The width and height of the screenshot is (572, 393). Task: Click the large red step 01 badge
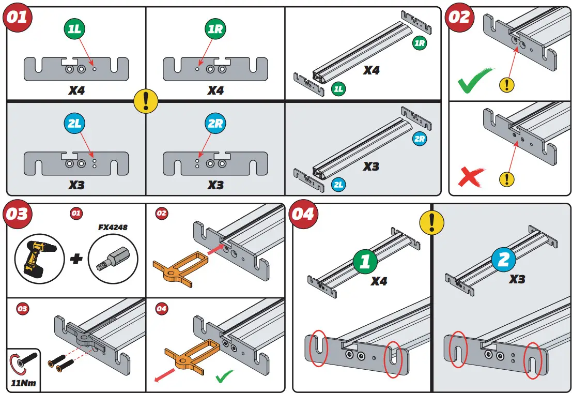[18, 18]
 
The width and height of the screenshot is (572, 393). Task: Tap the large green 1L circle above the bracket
[75, 29]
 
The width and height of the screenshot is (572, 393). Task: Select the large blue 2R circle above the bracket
[215, 124]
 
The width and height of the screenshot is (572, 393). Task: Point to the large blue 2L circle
[75, 124]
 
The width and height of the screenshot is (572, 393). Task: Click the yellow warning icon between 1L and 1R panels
[146, 100]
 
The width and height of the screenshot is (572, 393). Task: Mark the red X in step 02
[472, 177]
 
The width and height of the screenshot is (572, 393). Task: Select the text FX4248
[113, 228]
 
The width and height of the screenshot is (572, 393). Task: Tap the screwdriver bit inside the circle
[112, 259]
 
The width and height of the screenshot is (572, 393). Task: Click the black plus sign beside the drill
[76, 259]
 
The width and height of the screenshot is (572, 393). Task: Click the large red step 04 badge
[303, 214]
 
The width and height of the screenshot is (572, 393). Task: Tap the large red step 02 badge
[459, 17]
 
